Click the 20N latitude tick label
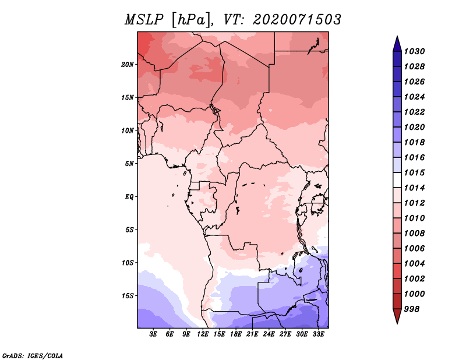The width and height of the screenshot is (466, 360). (x=128, y=65)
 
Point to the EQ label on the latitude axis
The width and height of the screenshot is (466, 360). (x=129, y=197)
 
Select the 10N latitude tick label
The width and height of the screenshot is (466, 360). (x=128, y=130)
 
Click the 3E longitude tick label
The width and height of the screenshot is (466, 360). (x=153, y=334)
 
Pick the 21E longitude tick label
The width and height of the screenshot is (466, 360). (x=252, y=334)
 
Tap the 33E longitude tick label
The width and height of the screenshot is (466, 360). (x=318, y=334)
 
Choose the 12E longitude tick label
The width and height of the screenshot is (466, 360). (x=203, y=334)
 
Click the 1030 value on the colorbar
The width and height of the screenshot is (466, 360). (x=415, y=51)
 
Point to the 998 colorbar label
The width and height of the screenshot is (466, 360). (x=412, y=309)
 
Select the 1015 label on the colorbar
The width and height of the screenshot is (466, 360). (x=415, y=172)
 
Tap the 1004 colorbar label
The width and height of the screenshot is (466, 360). (x=415, y=264)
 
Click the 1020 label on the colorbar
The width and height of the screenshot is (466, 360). (x=415, y=127)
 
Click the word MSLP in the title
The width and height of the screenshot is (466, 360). (x=144, y=20)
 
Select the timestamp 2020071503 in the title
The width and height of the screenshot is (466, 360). (x=297, y=20)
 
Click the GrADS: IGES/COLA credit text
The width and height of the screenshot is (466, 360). (x=33, y=355)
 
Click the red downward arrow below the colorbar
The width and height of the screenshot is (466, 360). (x=397, y=316)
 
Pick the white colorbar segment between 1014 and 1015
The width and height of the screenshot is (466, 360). (x=397, y=180)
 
